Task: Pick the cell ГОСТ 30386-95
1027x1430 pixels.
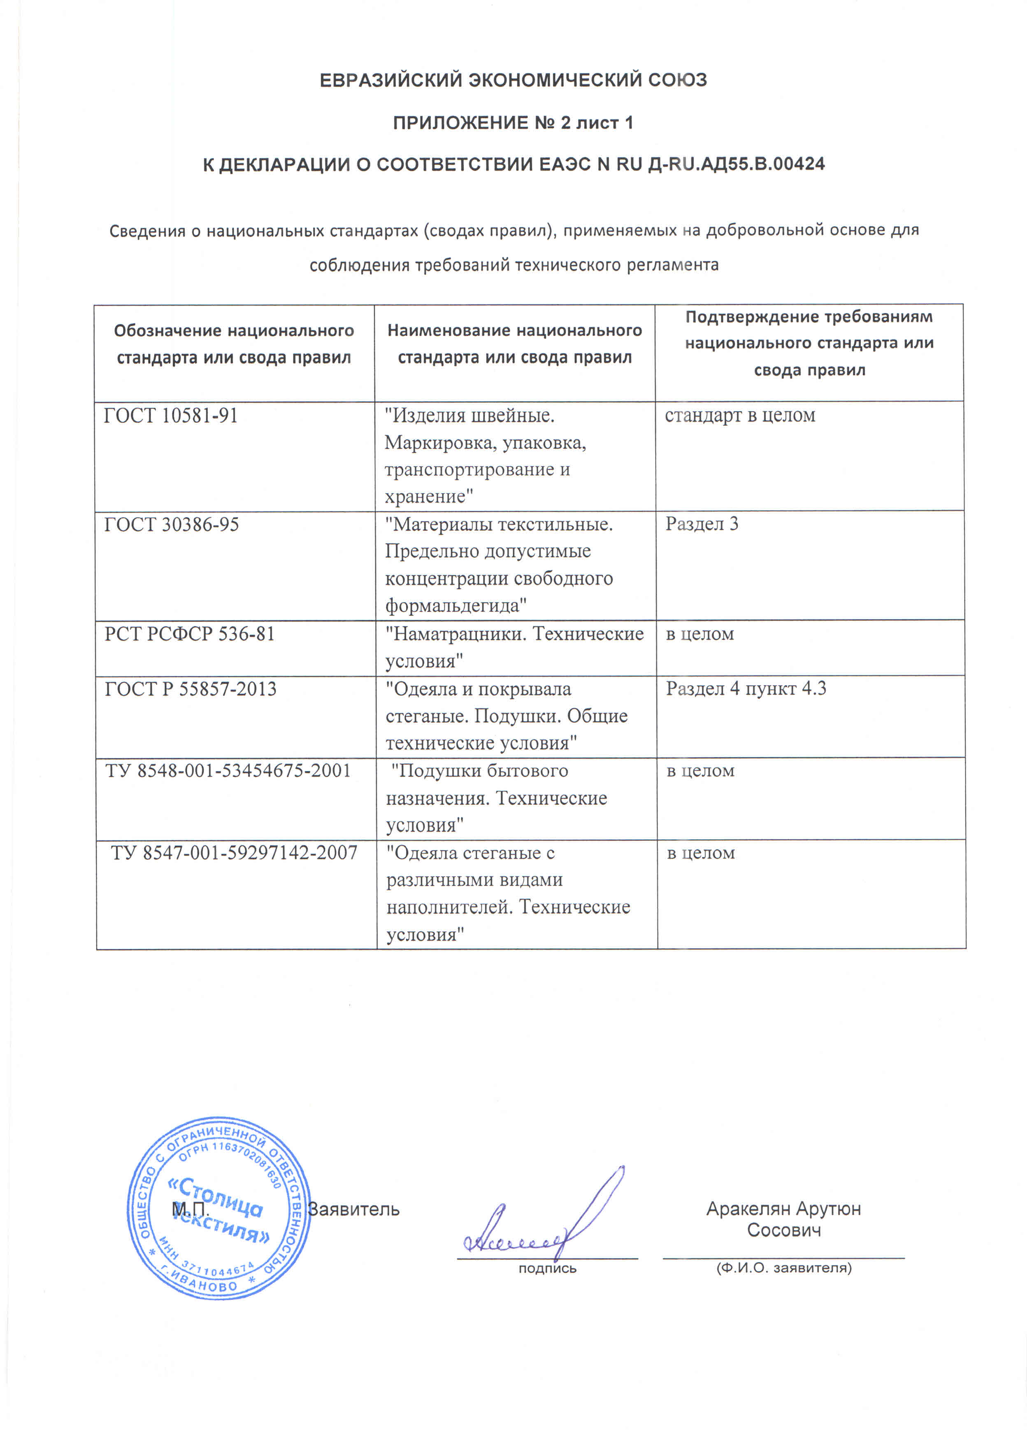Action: coord(172,525)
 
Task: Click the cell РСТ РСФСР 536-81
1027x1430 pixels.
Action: coord(190,634)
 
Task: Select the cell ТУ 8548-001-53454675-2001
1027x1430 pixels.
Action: coord(228,770)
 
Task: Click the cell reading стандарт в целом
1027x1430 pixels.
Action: coord(740,415)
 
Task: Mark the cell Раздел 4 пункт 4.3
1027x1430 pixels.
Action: coord(746,688)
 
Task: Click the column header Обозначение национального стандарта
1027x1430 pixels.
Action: coord(234,344)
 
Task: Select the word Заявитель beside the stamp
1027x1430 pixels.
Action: coord(353,1209)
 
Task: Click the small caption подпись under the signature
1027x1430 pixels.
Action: coord(547,1268)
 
